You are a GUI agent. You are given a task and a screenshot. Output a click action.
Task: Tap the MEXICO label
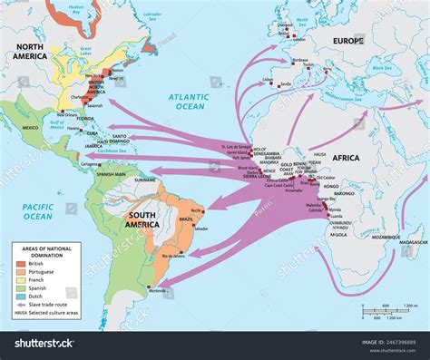pyautogui.click(x=30, y=128)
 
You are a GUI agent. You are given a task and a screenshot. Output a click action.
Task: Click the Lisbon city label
pyautogui.click(x=267, y=80)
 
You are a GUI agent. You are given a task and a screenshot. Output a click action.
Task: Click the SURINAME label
pyautogui.click(x=145, y=180)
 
